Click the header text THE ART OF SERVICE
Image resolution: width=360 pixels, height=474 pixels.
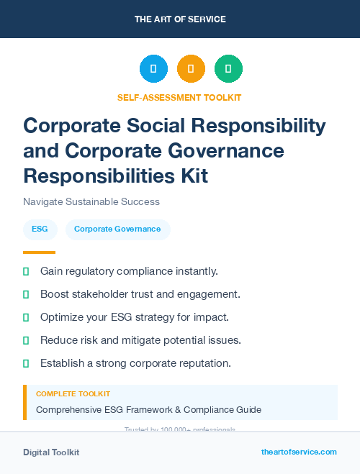point(180,19)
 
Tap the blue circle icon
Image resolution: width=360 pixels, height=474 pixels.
point(153,69)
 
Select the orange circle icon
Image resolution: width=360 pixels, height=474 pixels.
point(191,69)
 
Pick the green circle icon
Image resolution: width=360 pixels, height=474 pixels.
point(228,69)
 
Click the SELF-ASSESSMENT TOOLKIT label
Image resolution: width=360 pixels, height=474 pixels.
point(179,97)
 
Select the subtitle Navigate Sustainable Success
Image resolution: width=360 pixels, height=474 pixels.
point(91,201)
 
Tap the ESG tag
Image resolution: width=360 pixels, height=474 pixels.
point(40,229)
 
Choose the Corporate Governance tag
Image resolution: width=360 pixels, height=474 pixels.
point(117,229)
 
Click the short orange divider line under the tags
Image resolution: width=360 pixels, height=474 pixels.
point(39,252)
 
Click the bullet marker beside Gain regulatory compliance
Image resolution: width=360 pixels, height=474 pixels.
point(26,271)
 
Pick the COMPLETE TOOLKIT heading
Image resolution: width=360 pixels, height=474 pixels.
point(73,394)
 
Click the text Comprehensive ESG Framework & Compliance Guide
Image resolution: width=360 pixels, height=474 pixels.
point(148,410)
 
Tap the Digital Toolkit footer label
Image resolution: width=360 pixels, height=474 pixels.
point(51,452)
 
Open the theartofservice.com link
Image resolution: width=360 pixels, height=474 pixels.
point(299,452)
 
